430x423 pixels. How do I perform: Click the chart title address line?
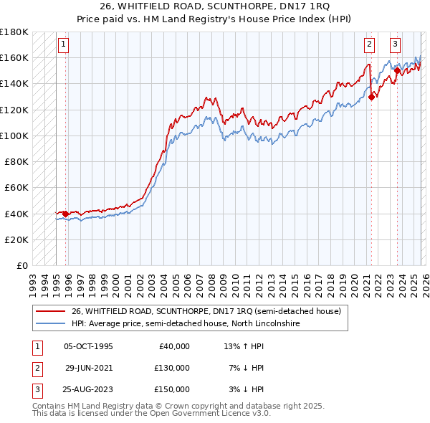click(214, 7)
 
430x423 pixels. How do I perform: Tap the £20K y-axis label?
click(16, 239)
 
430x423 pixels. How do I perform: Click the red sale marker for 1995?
click(65, 213)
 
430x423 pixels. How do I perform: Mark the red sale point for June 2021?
click(371, 98)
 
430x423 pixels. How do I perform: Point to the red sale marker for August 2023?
click(397, 70)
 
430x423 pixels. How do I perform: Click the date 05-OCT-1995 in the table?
click(88, 346)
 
